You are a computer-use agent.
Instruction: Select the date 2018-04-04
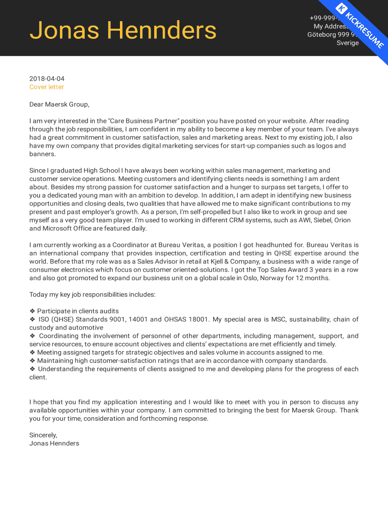pyautogui.click(x=47, y=79)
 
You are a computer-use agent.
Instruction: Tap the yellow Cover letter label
pyautogui.click(x=47, y=87)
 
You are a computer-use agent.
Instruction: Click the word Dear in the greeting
pyautogui.click(x=37, y=104)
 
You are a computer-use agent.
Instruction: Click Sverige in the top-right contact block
pyautogui.click(x=348, y=43)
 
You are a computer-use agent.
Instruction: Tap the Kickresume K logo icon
pyautogui.click(x=342, y=8)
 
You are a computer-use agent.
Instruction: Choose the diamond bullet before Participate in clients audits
pyautogui.click(x=32, y=311)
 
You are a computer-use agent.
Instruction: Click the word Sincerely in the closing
pyautogui.click(x=43, y=435)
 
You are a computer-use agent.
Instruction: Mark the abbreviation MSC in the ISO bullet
pyautogui.click(x=279, y=319)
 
